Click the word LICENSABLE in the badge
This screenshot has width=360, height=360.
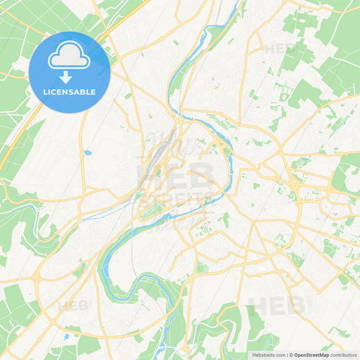coord(70,92)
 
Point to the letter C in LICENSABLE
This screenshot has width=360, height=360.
coord(55,92)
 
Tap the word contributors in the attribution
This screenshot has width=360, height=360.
coord(344,355)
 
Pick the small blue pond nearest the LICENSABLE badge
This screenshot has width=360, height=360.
coord(86,153)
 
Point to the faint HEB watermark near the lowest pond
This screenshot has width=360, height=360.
coord(73,305)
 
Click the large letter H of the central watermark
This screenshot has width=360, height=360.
coord(148,174)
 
